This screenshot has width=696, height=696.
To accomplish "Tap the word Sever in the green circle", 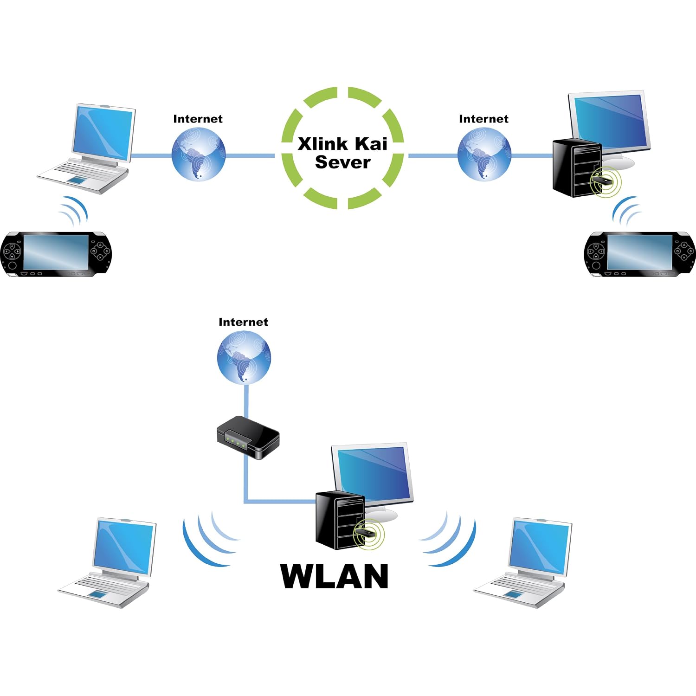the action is (x=342, y=162).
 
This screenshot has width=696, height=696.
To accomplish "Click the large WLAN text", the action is (x=335, y=576).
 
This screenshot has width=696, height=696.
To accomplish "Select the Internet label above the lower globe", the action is (x=243, y=322).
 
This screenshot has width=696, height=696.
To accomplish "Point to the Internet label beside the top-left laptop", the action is (x=198, y=119).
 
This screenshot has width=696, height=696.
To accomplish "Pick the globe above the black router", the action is (x=244, y=357).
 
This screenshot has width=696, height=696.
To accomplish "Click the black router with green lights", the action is (x=248, y=437).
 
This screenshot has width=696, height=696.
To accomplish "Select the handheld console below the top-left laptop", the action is (x=56, y=255).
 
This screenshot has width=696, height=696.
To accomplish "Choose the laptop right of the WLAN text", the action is (x=522, y=563).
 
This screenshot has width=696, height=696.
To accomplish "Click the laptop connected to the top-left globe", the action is (x=86, y=148).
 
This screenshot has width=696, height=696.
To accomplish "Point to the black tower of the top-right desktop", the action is (x=577, y=169).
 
